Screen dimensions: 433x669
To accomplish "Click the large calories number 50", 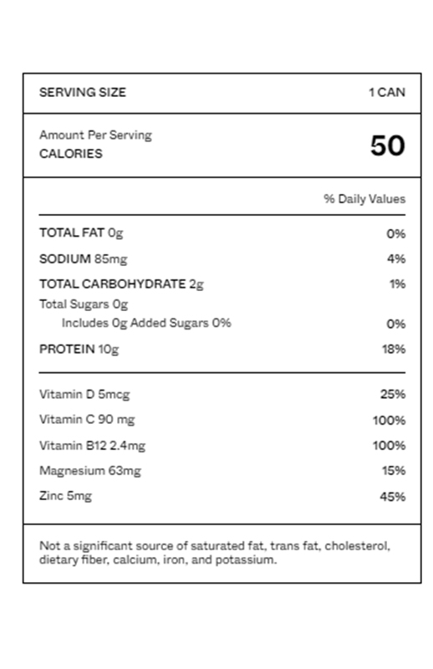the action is point(387,146).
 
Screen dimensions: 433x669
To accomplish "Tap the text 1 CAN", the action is point(387,92).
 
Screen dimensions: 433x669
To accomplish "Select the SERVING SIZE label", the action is point(83,92).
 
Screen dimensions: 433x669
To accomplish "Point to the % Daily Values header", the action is point(364,199).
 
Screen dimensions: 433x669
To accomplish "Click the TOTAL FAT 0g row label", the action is point(81,233).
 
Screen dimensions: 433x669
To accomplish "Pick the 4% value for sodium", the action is point(396,259).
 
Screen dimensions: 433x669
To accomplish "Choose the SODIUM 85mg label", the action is point(83,259).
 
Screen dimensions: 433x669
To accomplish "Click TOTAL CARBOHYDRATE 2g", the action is point(121,284).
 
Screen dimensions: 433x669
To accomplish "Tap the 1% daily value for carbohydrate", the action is point(397,284).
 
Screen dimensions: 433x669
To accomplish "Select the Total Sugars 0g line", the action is point(84,304).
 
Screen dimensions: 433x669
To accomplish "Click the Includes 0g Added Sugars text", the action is point(146,323).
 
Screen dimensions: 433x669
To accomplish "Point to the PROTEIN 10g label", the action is point(79,349).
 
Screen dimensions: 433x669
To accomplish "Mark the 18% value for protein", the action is point(394,349).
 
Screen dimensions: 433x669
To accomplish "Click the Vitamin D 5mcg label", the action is point(84,394).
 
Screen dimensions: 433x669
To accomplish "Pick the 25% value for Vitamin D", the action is point(393,394).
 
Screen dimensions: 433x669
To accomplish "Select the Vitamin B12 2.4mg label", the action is point(92,445).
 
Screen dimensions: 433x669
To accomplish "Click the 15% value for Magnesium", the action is point(394,471).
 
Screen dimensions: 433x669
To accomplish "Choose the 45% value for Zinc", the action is point(393,497).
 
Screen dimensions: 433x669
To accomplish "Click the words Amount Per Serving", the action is point(95,135).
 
